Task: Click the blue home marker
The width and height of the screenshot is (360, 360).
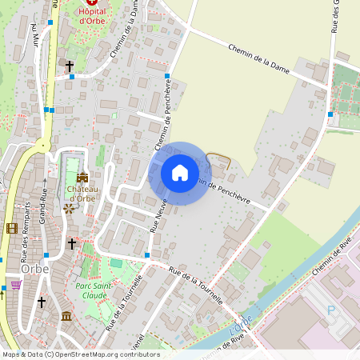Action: pos(179,172)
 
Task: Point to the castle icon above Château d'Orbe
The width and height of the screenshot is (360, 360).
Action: pos(82,178)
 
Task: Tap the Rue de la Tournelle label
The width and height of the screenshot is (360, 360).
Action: pos(196,284)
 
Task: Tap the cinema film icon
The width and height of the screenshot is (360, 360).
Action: pos(11,228)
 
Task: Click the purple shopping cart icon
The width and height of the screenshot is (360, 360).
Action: pos(16,284)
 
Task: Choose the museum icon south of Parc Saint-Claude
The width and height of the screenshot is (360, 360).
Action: pos(66,317)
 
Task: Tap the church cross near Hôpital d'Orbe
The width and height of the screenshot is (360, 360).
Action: pos(70,66)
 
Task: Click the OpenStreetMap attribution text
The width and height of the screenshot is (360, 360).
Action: pos(80,354)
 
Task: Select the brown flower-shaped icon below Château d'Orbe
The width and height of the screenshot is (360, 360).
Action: pos(70,209)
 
